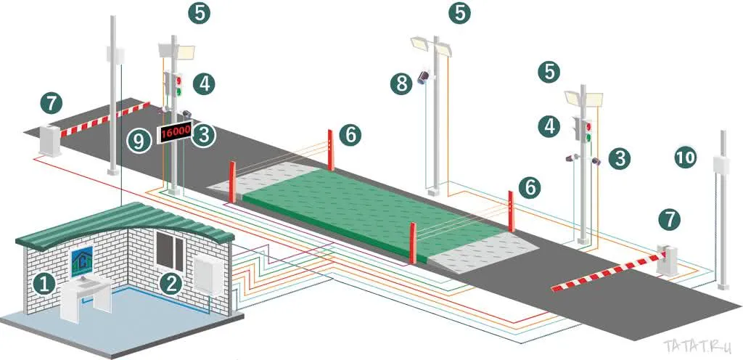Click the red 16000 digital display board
(x=176, y=133)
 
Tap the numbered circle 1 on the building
(x=44, y=284)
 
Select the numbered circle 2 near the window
(x=171, y=284)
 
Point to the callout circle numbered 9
(x=139, y=141)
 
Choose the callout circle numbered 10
(x=685, y=157)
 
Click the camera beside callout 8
(x=424, y=77)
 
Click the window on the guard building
(x=170, y=250)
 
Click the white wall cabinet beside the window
(x=208, y=276)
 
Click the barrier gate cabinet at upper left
(x=50, y=139)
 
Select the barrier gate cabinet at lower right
(x=668, y=260)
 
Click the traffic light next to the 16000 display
(x=174, y=84)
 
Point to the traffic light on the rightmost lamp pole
(x=584, y=129)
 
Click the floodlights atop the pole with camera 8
(x=431, y=46)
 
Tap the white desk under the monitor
(x=87, y=299)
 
